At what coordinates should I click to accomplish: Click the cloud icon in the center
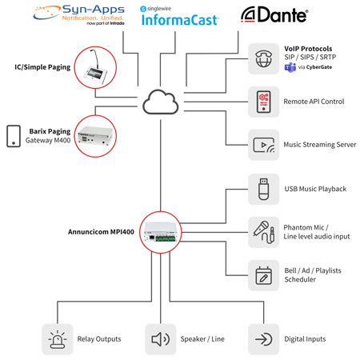coord(159,102)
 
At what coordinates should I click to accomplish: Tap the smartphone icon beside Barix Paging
coord(14,136)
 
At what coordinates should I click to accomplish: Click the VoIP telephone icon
coord(263,58)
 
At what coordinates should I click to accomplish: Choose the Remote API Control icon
coord(263,102)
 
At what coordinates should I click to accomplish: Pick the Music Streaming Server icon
coord(263,145)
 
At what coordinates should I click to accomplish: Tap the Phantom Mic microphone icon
coord(263,232)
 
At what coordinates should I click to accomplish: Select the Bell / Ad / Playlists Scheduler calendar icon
coord(263,275)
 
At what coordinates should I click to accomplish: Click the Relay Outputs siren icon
coord(57,338)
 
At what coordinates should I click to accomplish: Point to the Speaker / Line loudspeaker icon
coord(160,338)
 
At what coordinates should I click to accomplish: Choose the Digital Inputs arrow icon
coord(263,338)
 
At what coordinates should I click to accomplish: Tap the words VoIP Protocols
coord(307,49)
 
